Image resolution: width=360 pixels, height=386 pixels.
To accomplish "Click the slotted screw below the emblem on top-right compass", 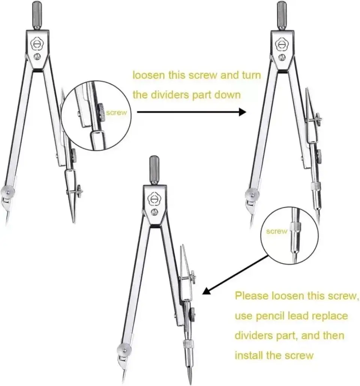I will tap(282, 57).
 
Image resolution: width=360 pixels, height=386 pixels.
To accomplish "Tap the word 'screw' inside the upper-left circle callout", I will tap(117, 113).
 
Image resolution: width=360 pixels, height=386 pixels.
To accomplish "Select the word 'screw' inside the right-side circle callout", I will tap(276, 231).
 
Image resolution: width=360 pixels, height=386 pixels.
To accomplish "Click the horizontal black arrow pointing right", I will tap(191, 112).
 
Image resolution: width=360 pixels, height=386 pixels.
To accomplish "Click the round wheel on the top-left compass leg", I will tap(8, 191).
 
